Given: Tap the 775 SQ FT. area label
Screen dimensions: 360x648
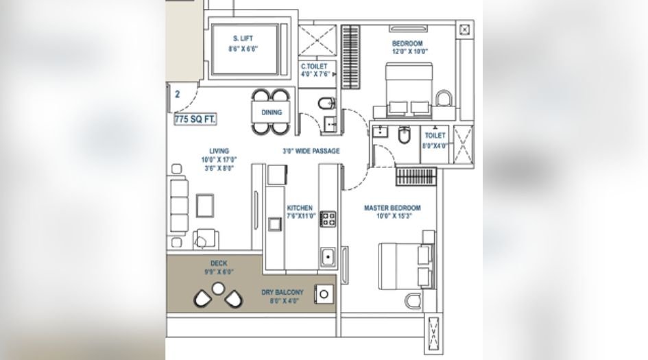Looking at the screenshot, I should click(195, 119).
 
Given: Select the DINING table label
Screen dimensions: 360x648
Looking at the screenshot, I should click(271, 112).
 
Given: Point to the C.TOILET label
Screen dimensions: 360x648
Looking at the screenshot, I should click(313, 66).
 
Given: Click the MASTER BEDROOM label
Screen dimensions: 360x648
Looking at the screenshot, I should click(392, 208).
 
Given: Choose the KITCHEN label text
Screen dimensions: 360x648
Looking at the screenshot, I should click(300, 208).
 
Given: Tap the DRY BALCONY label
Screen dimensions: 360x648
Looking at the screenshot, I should click(282, 292).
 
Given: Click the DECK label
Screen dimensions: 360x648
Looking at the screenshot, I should click(219, 263).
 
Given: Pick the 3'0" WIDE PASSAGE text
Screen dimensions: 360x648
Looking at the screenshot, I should click(311, 151).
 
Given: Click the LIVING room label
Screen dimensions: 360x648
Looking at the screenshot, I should click(219, 151).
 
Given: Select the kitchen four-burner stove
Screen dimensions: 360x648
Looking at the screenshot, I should click(328, 219).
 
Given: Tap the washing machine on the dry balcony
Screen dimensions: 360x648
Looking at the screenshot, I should click(324, 294).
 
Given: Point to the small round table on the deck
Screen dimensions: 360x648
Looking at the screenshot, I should click(218, 289).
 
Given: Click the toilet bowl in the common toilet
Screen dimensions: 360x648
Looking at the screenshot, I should click(327, 104).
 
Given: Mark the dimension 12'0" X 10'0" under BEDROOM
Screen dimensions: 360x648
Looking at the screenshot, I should click(409, 51).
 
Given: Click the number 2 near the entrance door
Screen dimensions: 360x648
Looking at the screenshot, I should click(177, 95).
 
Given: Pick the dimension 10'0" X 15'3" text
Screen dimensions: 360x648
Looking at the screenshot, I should click(392, 216).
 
